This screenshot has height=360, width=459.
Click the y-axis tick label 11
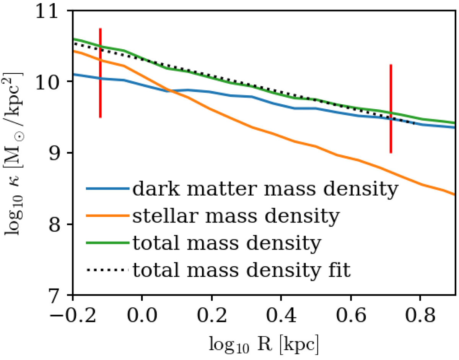[x=53, y=11]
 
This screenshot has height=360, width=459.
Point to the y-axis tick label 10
[x=53, y=82]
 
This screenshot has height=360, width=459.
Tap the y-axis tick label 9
[x=57, y=153]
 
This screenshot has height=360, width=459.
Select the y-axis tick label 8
[x=57, y=225]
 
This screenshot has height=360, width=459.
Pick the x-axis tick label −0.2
[x=67, y=313]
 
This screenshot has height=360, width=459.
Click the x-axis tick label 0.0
[x=142, y=313]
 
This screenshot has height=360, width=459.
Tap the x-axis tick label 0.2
[x=211, y=313]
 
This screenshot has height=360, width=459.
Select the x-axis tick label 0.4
[x=281, y=313]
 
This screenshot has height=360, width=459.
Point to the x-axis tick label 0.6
[x=350, y=313]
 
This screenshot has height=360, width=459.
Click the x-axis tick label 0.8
[x=420, y=313]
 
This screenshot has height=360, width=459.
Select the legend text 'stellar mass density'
[x=236, y=217]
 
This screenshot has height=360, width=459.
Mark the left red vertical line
[x=100, y=73]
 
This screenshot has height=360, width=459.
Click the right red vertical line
[x=391, y=109]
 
